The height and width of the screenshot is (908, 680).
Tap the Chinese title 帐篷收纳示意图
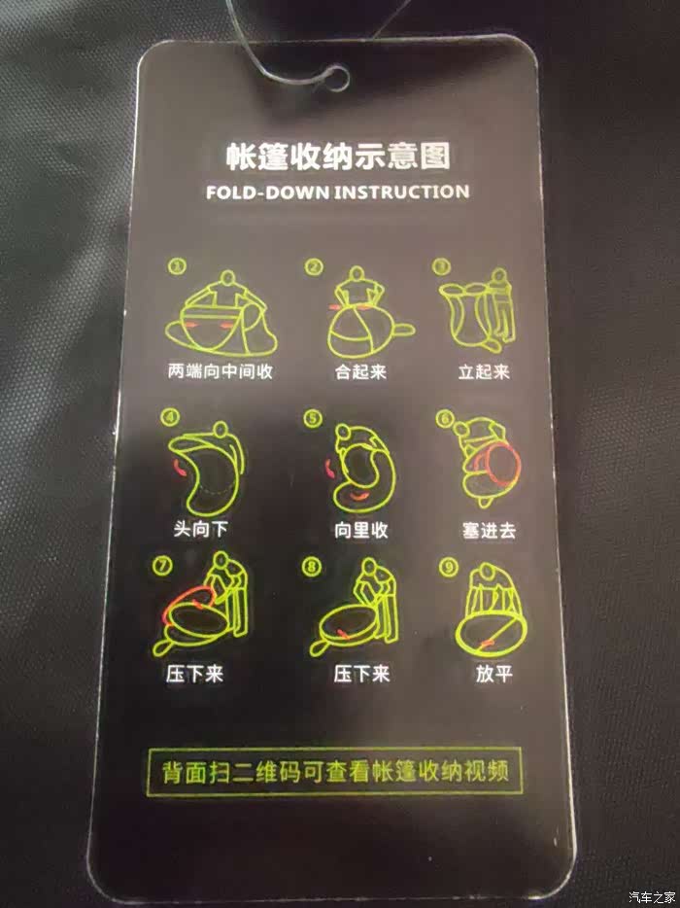coord(338,157)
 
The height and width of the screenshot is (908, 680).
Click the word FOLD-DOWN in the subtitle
coord(267,192)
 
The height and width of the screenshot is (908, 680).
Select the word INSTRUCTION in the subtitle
coord(401,192)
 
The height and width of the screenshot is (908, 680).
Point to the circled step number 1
coord(177,267)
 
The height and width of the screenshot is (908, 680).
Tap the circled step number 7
coord(161,565)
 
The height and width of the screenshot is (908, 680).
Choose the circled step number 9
coord(448,567)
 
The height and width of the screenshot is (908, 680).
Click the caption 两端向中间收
coord(220,370)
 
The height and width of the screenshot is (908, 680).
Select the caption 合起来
coord(360,371)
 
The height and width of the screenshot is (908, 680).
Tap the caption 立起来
coord(484,371)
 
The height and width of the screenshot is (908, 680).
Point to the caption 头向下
coord(201,529)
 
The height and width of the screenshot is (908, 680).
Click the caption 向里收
coord(361,530)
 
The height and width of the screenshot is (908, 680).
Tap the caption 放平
coord(493,674)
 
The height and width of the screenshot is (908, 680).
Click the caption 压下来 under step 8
coord(361,674)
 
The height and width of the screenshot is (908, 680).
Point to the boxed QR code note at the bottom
coord(335,771)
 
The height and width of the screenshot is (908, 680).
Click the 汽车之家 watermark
coord(653,897)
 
